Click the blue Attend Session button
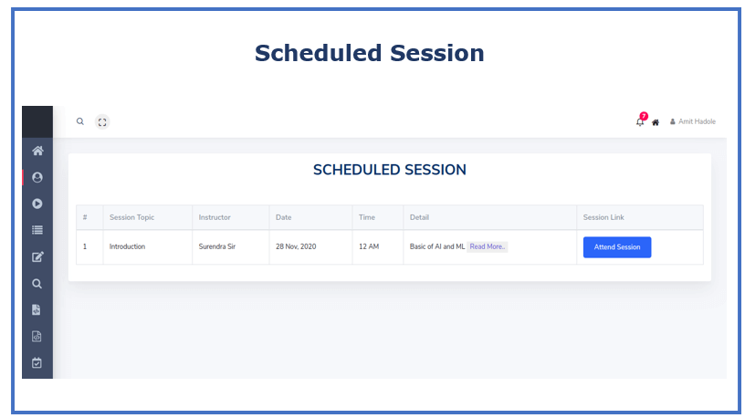(616, 247)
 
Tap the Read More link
(487, 246)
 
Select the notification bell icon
(640, 122)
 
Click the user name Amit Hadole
(697, 121)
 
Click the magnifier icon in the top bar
(80, 121)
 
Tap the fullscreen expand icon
(102, 122)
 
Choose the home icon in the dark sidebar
(37, 152)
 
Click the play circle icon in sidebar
(37, 204)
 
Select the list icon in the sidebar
(37, 230)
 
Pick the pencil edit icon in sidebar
(37, 257)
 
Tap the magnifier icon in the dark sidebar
(37, 284)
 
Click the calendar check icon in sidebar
(37, 363)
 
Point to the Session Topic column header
(131, 217)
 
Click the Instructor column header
(215, 217)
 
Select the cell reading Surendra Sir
(216, 246)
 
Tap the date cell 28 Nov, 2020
(296, 246)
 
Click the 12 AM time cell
(369, 246)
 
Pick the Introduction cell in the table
(127, 246)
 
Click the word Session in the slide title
(437, 53)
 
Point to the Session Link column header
(603, 217)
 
